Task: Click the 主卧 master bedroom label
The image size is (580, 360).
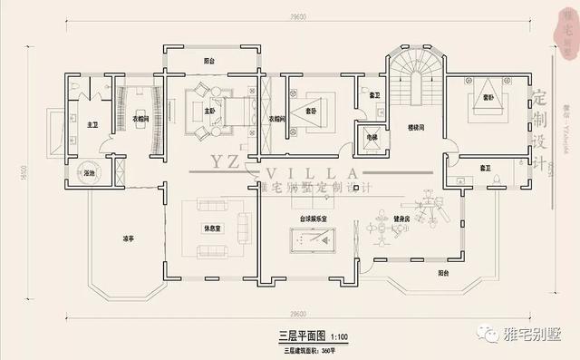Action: pos(210,112)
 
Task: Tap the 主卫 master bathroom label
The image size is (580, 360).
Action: pos(92,125)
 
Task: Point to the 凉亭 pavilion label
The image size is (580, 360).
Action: pos(129,238)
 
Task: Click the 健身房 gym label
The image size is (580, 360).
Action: pos(401,219)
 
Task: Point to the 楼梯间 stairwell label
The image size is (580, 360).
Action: pos(417,127)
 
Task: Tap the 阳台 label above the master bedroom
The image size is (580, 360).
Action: pos(209,62)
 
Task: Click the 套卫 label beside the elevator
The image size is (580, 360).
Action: pos(374,94)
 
